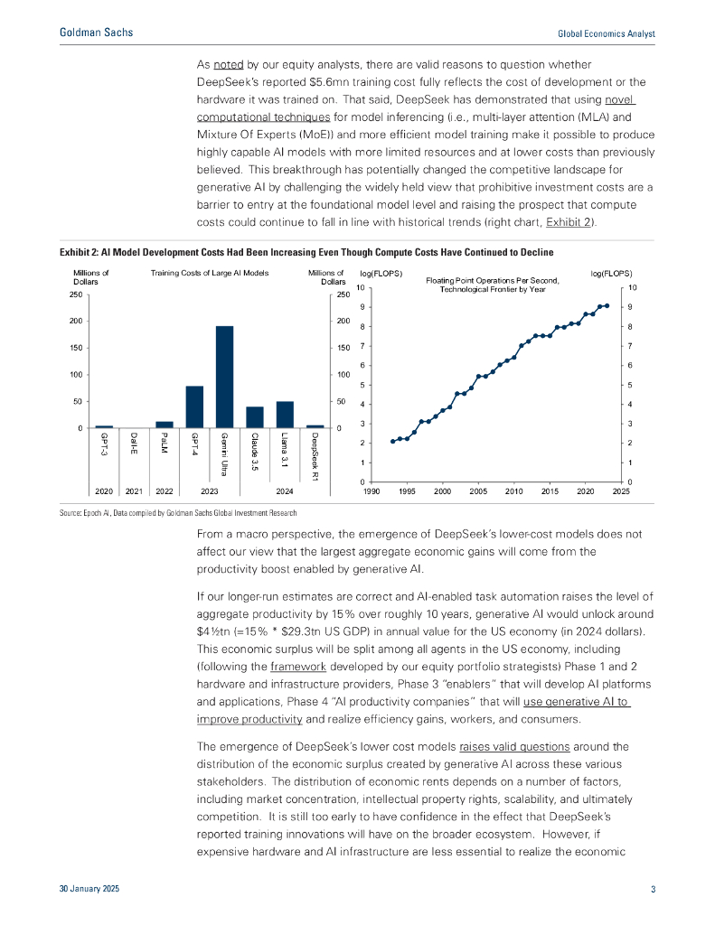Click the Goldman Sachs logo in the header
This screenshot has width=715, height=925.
(x=96, y=33)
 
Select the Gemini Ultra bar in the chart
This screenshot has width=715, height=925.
(x=224, y=378)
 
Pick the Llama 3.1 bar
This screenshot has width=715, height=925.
(x=285, y=415)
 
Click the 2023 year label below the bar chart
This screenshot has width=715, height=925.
(x=209, y=492)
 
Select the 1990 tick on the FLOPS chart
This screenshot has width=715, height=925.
(x=371, y=492)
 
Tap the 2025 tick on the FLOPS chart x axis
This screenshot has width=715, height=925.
(x=621, y=492)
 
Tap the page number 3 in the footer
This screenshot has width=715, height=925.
(x=653, y=891)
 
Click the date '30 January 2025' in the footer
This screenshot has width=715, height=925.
(x=89, y=891)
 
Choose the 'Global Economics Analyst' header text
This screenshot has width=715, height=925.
(x=606, y=33)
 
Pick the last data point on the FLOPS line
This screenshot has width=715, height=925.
(x=607, y=306)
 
